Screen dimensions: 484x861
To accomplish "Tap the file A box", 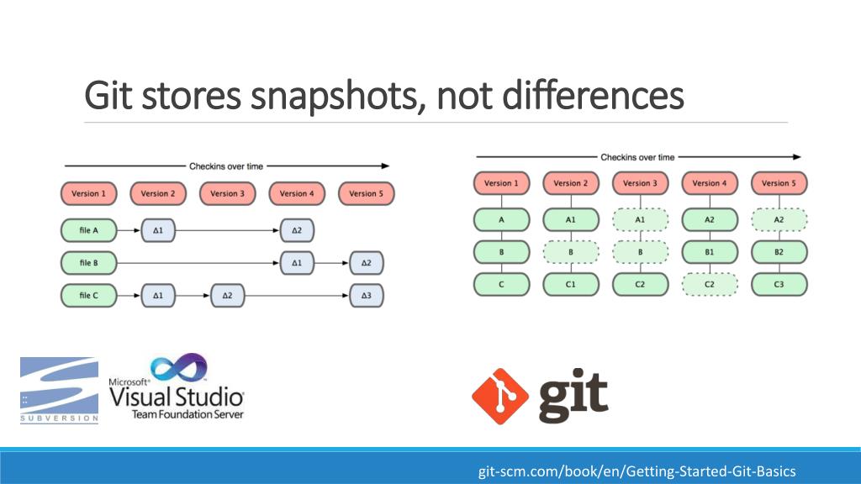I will [x=89, y=229].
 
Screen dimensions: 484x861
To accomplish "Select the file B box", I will [x=89, y=263].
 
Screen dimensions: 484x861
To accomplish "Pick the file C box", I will [x=89, y=296].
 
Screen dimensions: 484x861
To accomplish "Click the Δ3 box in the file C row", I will [x=366, y=296].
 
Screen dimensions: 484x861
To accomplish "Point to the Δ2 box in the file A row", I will [x=297, y=229].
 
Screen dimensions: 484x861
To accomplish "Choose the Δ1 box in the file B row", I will [x=297, y=263].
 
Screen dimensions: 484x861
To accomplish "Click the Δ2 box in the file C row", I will [x=227, y=296].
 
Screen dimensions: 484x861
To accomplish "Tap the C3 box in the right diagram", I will [x=779, y=285].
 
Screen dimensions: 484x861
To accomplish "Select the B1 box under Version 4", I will [x=709, y=252].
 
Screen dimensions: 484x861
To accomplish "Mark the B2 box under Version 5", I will [x=779, y=252].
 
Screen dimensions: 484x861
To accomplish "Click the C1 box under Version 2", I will [x=570, y=285].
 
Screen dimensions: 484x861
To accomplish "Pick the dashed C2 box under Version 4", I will [x=709, y=285].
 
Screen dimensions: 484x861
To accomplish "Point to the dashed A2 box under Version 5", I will [x=779, y=219].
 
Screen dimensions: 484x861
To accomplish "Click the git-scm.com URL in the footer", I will [x=637, y=471].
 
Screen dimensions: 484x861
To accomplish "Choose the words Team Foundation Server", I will [x=187, y=414].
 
